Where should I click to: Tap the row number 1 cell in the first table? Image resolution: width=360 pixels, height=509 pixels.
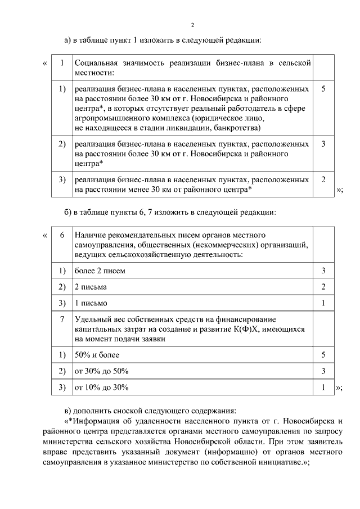point(62,63)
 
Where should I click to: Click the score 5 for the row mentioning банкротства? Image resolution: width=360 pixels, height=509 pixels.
point(323,89)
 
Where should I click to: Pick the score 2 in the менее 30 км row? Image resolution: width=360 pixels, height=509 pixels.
point(323,179)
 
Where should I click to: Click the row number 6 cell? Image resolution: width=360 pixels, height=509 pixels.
point(62,235)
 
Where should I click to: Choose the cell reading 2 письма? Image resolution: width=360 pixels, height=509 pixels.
point(91,287)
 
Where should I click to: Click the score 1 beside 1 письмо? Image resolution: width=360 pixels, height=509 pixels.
point(323,303)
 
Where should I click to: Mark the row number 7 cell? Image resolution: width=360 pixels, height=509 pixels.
point(62,319)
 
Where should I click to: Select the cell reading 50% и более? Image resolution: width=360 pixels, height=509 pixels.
point(97,355)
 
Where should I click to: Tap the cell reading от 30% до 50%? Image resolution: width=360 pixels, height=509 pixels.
point(102,371)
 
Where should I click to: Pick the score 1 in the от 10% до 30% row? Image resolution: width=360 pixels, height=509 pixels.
point(323,388)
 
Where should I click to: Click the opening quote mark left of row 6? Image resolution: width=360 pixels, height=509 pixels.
point(44,235)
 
